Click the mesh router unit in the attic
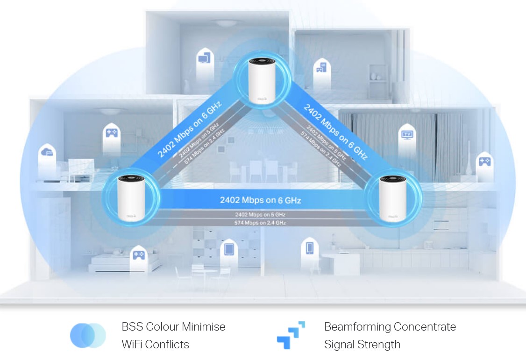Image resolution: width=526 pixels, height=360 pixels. coord(259,80)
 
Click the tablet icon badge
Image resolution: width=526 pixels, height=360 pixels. coord(229,248)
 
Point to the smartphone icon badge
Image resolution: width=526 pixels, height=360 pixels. coord(310,247)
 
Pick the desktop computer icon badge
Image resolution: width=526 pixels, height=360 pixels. coord(204,58)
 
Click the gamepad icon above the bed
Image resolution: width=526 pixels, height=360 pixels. coord(138,254)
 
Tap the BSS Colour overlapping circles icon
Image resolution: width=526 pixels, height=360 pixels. coord(88,335)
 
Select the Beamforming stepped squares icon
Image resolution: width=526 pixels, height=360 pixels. coord(291,335)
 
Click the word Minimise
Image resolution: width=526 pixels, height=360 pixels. coord(203,326)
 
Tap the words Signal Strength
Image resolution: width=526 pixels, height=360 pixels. coord(362,345)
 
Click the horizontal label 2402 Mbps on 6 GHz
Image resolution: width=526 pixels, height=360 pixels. coord(260,200)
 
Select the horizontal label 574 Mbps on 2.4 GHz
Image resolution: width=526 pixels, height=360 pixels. coord(260,223)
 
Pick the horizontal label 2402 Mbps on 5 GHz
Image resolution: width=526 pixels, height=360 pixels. coord(260,215)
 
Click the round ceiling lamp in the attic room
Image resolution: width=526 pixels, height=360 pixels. coord(226,22)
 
